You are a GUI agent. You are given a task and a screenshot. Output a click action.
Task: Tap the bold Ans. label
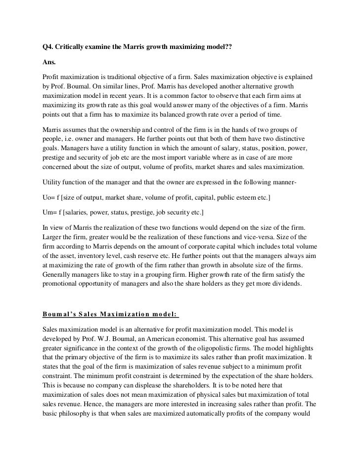tap(49, 63)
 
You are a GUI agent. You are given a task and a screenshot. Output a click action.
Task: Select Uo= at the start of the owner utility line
tap(50, 197)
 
